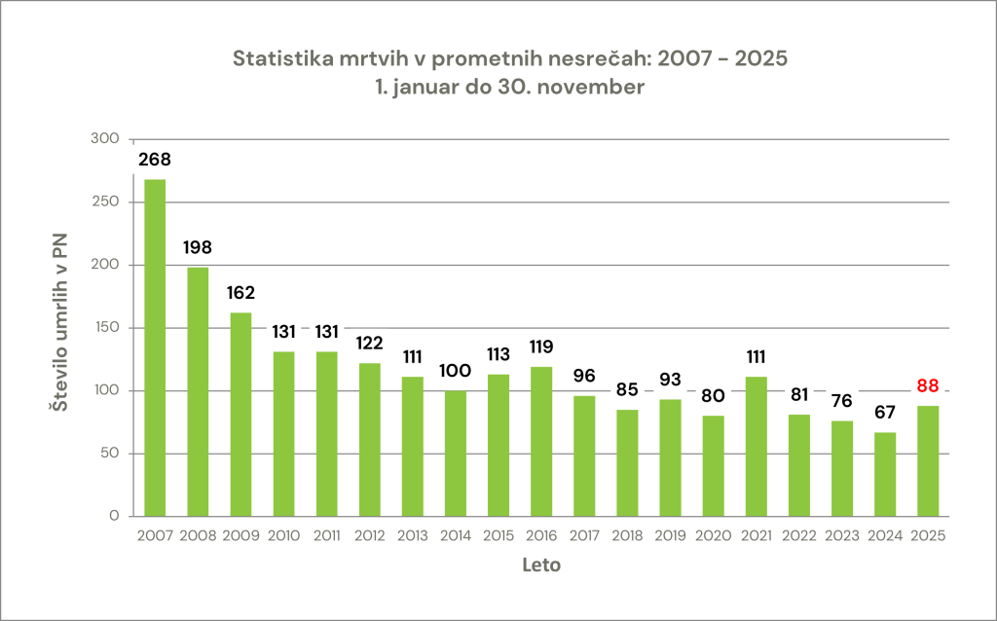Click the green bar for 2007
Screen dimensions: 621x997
155,347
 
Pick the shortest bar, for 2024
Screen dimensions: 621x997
884,474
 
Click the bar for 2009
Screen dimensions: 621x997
240,414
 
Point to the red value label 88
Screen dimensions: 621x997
927,385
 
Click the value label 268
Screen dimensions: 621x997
155,160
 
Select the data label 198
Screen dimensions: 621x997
198,247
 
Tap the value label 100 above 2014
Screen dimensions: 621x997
455,371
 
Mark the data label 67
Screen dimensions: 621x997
884,412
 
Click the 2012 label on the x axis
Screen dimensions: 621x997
369,535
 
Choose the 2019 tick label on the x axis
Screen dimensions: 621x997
670,535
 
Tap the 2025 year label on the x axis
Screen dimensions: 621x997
927,535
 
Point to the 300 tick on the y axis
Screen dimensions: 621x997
103,139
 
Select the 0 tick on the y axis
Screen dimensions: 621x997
113,516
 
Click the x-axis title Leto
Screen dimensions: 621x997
541,565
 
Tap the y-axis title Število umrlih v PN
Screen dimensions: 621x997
59,327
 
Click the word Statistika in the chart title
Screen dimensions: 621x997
278,58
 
